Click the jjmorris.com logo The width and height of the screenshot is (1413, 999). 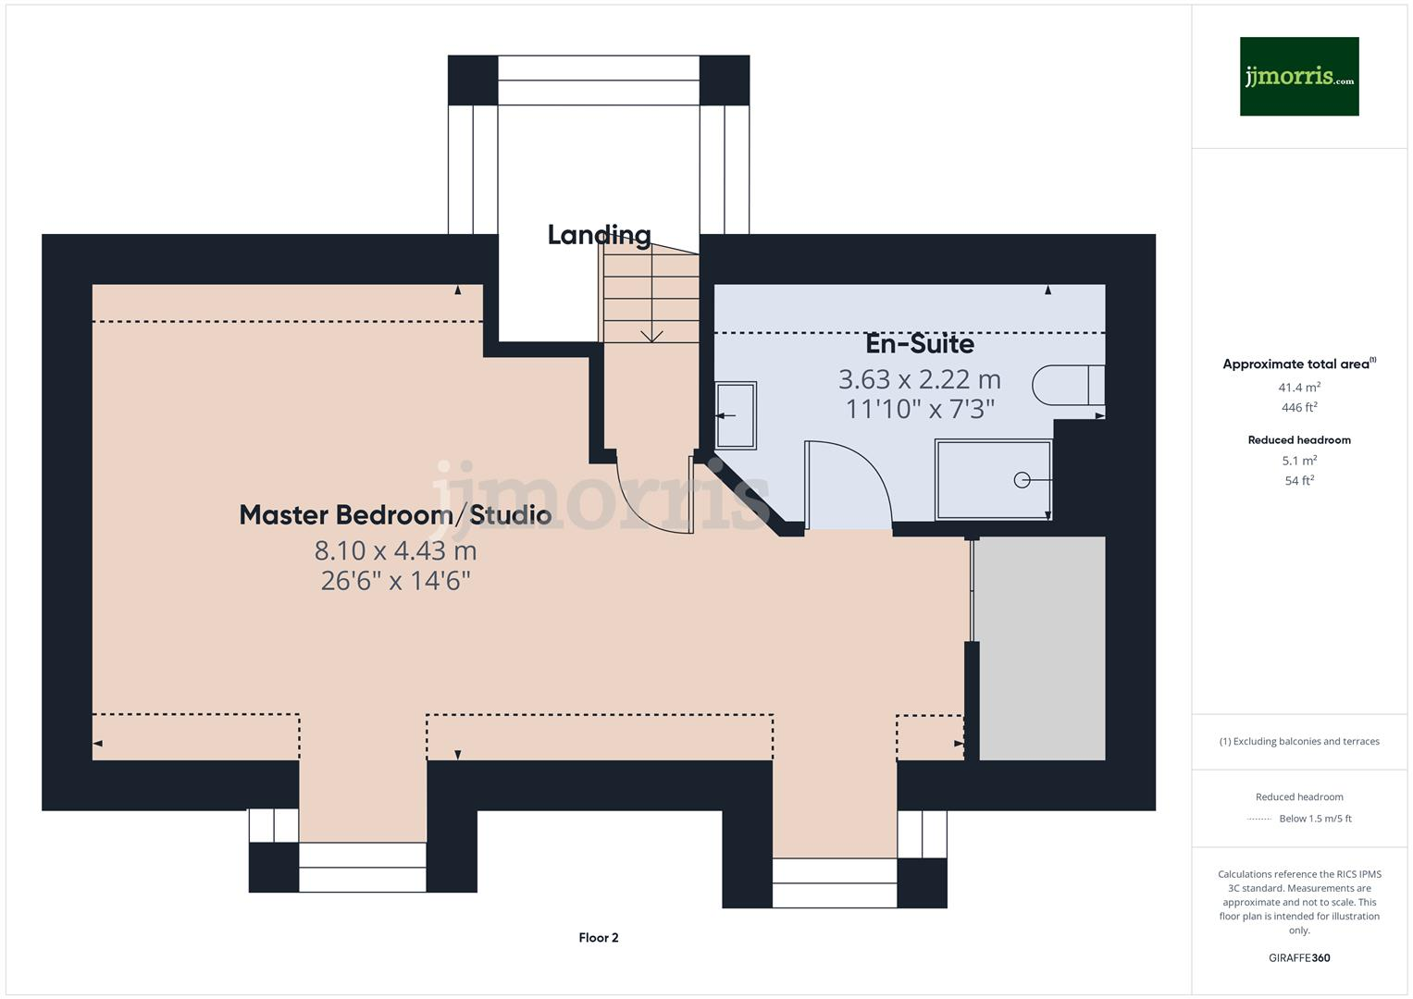pyautogui.click(x=1298, y=77)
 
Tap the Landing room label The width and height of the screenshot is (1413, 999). pyautogui.click(x=599, y=235)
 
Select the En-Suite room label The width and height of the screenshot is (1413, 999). pyautogui.click(x=919, y=344)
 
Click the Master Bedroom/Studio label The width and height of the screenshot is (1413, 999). pyautogui.click(x=395, y=515)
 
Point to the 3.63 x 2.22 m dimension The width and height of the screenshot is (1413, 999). pyautogui.click(x=919, y=379)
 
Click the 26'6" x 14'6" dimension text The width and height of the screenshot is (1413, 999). pyautogui.click(x=395, y=581)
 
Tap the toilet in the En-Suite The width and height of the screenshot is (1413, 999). pyautogui.click(x=1068, y=385)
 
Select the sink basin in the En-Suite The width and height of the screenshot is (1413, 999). pyautogui.click(x=736, y=415)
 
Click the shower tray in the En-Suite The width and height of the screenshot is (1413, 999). pyautogui.click(x=993, y=479)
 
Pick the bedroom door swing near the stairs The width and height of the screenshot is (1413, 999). pyautogui.click(x=654, y=499)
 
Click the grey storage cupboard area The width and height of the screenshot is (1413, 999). pyautogui.click(x=1041, y=647)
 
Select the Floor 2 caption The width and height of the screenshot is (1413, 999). pyautogui.click(x=599, y=938)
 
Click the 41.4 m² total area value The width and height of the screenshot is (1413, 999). pyautogui.click(x=1299, y=388)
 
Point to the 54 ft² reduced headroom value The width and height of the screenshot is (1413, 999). pyautogui.click(x=1299, y=481)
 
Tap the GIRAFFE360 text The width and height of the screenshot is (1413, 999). pyautogui.click(x=1299, y=958)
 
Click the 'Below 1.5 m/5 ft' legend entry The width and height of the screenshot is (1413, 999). pyautogui.click(x=1314, y=819)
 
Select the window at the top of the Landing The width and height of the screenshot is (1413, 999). pyautogui.click(x=599, y=80)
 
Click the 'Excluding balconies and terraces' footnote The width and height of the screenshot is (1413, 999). pyautogui.click(x=1299, y=742)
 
